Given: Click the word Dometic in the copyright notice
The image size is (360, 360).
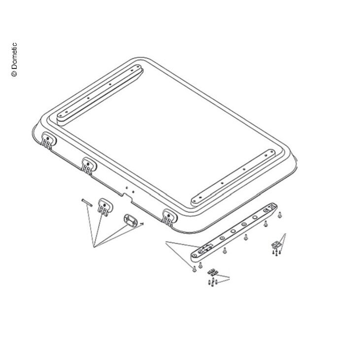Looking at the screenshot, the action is coord(14,56).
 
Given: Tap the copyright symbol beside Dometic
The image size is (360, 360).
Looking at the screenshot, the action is coord(14,73).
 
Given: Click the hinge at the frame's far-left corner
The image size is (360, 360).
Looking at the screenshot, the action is coord(48,141).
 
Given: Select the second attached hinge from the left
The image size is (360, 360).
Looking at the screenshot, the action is coord(89,166).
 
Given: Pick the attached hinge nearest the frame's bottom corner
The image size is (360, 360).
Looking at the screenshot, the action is coord(169,217).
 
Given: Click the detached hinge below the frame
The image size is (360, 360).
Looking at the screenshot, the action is coord(105,207).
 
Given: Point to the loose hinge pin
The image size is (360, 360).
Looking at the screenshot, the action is coord(87,203).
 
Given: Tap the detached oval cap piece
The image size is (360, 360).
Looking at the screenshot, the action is coord(131,221).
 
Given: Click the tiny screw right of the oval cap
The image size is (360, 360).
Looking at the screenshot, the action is coord(142,224).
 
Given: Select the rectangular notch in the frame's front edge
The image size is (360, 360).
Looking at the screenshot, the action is coord(127,197).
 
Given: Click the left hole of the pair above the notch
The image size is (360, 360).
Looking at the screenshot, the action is coord(127,188).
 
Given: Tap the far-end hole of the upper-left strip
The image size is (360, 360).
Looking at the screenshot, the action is coord(132,70).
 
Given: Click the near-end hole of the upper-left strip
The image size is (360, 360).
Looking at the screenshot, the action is coord(66,112).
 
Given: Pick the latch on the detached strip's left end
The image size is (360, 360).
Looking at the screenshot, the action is coord(205,248).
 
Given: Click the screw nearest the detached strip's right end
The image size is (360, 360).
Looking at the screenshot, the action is coord(279,215).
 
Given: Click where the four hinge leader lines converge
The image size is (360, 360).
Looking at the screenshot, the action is coord(94,247).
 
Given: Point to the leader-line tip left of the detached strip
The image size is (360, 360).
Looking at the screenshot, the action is coord(166,242).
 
